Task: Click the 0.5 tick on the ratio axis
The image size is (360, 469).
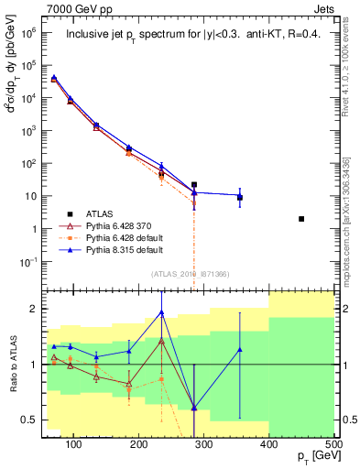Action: point(27,420)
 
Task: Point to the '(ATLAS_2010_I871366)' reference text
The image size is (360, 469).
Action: point(190,274)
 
